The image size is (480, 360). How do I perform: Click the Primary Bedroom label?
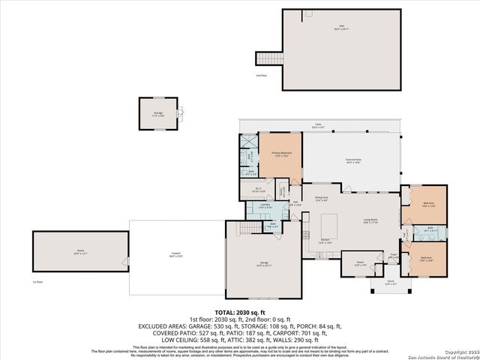(281, 154)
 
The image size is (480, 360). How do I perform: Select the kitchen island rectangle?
(329, 225)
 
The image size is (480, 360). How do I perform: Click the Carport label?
(176, 253)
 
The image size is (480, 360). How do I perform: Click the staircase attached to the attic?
(268, 58)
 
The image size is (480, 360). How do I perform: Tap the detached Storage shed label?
(158, 113)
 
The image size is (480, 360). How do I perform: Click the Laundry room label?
(265, 205)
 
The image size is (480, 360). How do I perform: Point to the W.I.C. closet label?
(257, 190)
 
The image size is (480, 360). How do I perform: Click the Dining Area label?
(322, 199)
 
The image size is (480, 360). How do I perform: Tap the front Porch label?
(388, 283)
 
